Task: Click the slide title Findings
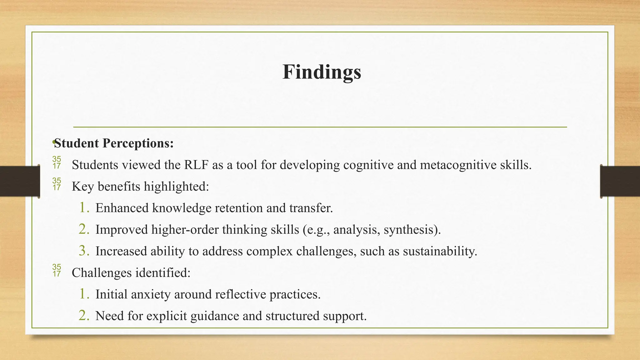coord(322,72)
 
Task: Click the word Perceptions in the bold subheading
coord(138,143)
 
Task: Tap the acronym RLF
coord(196,165)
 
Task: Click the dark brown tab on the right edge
coord(620,181)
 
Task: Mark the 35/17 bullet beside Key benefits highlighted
coord(57,184)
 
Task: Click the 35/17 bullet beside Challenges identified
coord(57,270)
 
